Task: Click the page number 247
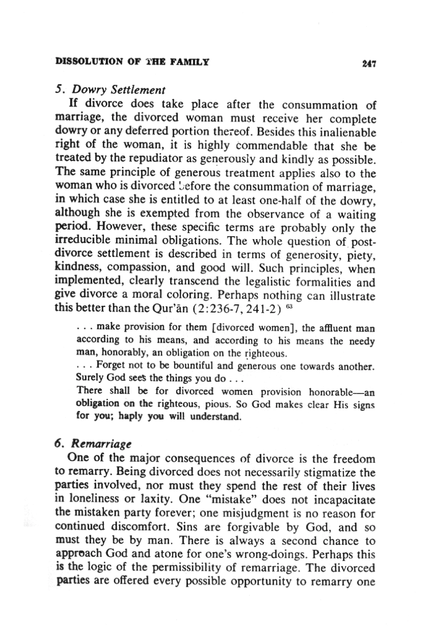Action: [369, 64]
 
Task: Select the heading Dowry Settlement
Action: [119, 90]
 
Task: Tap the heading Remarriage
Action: [101, 444]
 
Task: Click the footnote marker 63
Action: [290, 307]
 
